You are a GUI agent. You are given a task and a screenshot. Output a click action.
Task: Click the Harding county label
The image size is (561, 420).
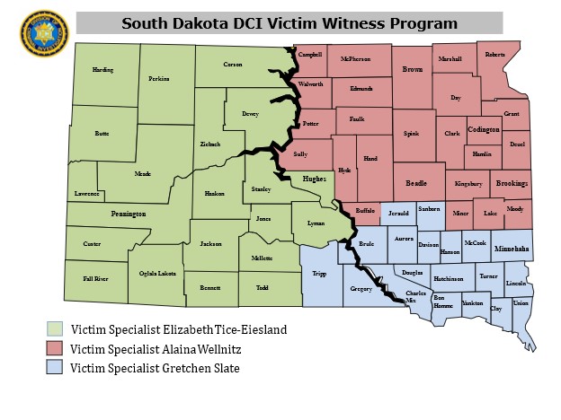(102, 70)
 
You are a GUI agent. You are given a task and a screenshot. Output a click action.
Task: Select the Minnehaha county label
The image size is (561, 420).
(512, 246)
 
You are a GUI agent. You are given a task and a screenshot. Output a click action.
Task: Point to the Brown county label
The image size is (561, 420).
(413, 69)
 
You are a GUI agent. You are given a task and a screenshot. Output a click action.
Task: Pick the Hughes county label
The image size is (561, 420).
(314, 179)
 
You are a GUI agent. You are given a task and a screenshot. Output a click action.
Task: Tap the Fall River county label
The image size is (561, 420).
(95, 279)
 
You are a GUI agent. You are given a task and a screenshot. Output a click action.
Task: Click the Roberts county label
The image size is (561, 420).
(494, 55)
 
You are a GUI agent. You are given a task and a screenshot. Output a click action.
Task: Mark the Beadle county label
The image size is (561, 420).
(416, 182)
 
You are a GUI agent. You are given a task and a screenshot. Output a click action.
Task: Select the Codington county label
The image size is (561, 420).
(484, 129)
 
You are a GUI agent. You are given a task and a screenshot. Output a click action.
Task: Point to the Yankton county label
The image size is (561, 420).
(472, 304)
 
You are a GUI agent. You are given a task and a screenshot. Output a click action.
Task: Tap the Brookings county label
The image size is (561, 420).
(512, 183)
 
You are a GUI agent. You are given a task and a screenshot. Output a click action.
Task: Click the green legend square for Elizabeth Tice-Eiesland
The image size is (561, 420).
(56, 329)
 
